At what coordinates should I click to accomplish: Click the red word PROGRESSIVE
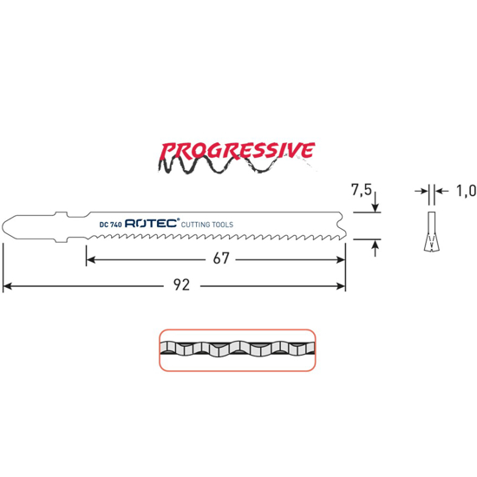point(237,151)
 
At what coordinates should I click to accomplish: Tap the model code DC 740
point(110,225)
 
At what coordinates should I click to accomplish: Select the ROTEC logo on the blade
point(152,223)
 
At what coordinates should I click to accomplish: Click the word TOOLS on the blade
point(222,225)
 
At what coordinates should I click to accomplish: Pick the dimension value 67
point(221,258)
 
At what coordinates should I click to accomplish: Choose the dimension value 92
point(181,285)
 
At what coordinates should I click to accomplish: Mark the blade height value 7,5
point(362,190)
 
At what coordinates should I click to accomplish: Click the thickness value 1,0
point(466,192)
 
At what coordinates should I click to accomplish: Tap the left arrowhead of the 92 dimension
point(7,286)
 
